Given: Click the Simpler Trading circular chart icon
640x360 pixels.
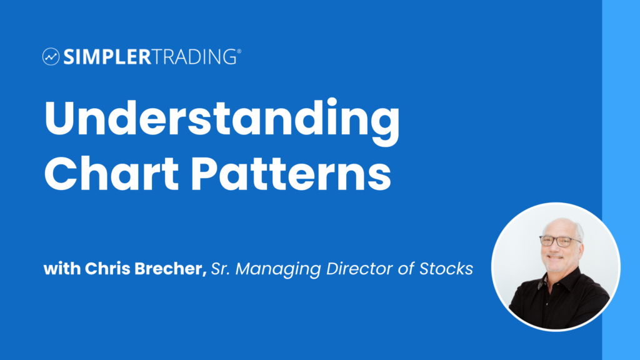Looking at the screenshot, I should (51, 57).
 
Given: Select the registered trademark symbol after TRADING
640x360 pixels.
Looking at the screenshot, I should (238, 52).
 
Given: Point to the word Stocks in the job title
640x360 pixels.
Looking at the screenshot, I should (446, 270).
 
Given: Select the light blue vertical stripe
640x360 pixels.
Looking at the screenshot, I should (621, 94).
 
